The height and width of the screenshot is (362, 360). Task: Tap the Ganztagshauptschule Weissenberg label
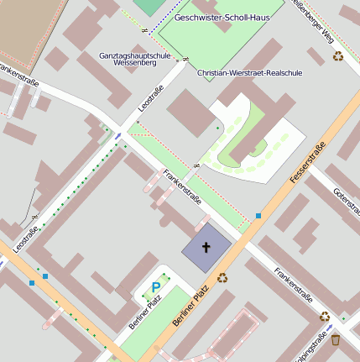pos(134,59)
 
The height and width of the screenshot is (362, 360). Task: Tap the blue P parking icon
pos(155,288)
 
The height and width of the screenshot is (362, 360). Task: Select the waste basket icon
pos(336,340)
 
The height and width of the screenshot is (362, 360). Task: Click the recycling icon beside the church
pos(223,277)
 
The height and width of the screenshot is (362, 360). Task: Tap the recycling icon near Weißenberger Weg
pos(337,56)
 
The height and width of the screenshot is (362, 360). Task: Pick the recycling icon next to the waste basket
pos(325,317)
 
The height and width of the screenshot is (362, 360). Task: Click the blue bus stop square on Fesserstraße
pos(258,216)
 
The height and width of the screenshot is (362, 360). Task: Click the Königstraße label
pos(312,347)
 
